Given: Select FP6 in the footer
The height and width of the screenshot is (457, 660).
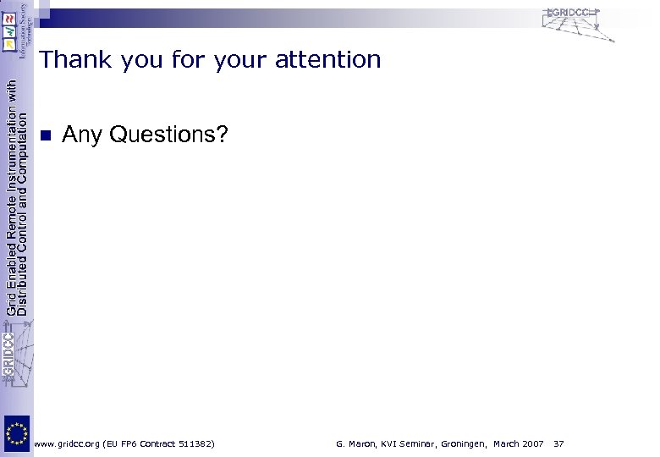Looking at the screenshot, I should coord(141,443).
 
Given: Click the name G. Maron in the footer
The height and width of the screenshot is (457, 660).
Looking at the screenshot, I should coord(355,443).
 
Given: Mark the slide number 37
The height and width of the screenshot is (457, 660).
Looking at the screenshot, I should coord(558,443).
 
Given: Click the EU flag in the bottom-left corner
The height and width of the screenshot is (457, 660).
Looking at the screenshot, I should coord(17,435).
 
